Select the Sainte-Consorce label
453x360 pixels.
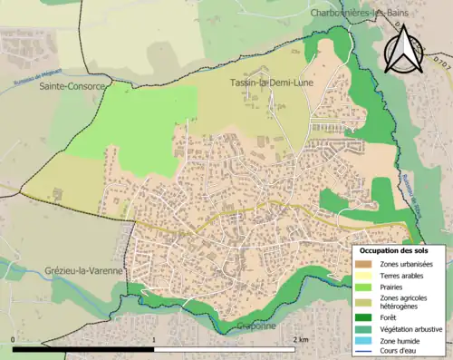pyautogui.click(x=72, y=87)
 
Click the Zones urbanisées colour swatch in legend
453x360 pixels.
pyautogui.click(x=364, y=264)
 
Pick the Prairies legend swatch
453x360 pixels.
pyautogui.click(x=364, y=287)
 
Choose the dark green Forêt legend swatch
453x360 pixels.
pyautogui.click(x=364, y=317)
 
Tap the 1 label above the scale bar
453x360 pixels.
pyautogui.click(x=155, y=339)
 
